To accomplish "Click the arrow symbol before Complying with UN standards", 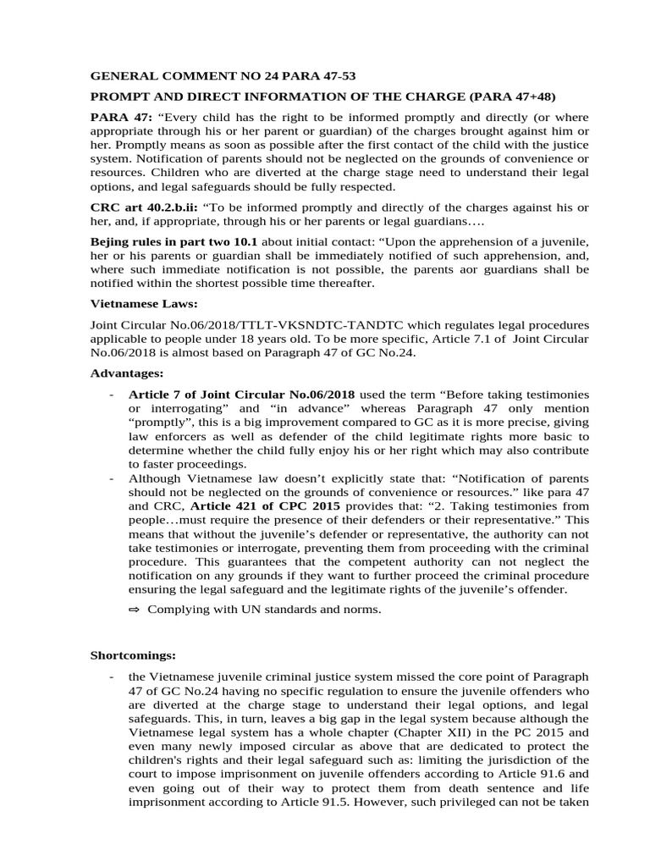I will [x=135, y=609].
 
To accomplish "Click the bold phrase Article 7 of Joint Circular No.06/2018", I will [x=241, y=395].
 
